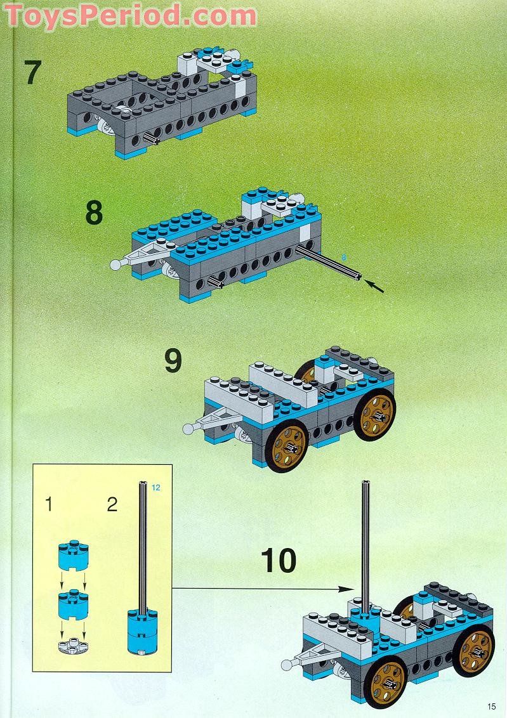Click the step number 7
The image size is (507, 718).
pos(32,72)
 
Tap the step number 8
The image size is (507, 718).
pos(93,213)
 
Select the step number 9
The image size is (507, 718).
pos(173,361)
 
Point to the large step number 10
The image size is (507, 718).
pos(279,561)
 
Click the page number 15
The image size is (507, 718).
pos(492,707)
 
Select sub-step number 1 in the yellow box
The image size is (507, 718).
pos(49,505)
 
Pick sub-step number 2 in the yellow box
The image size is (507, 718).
pos(112,505)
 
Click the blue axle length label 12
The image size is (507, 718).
pos(155,487)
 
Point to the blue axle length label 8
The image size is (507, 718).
pos(344,258)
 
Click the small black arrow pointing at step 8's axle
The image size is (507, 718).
pos(377,287)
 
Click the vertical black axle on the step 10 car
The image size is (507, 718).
pos(365,539)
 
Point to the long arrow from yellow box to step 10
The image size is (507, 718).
pos(260,589)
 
